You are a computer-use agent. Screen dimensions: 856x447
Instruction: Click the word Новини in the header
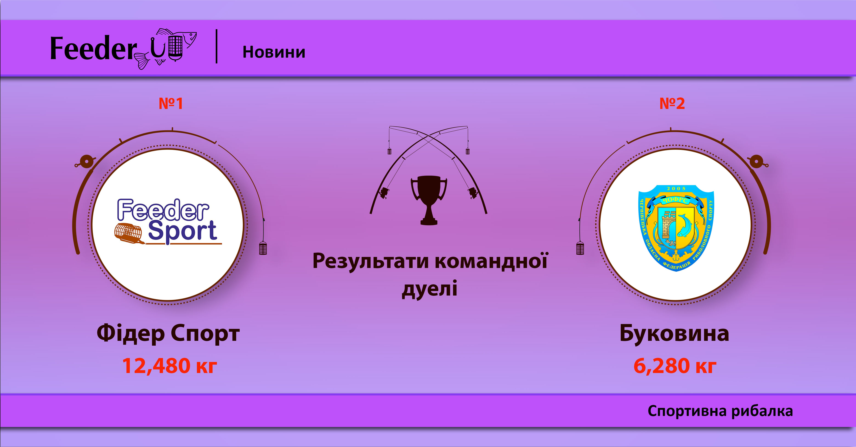(x=274, y=52)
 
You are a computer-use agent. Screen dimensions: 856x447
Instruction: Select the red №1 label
(x=171, y=103)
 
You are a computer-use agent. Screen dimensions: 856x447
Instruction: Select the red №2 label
(x=672, y=103)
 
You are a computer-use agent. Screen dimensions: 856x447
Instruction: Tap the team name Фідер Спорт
(x=168, y=333)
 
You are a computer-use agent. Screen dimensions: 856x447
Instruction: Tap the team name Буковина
(x=674, y=333)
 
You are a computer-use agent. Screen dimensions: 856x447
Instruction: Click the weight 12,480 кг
(x=170, y=366)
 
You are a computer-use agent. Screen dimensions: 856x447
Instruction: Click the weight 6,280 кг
(x=675, y=366)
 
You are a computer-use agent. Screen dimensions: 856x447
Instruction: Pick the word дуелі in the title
(x=429, y=288)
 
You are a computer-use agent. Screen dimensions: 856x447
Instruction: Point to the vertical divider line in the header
(x=217, y=46)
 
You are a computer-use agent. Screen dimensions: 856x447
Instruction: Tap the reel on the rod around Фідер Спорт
(x=86, y=162)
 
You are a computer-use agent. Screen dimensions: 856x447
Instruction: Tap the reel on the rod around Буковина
(x=756, y=162)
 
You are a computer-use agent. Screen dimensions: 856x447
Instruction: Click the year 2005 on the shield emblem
(x=676, y=188)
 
